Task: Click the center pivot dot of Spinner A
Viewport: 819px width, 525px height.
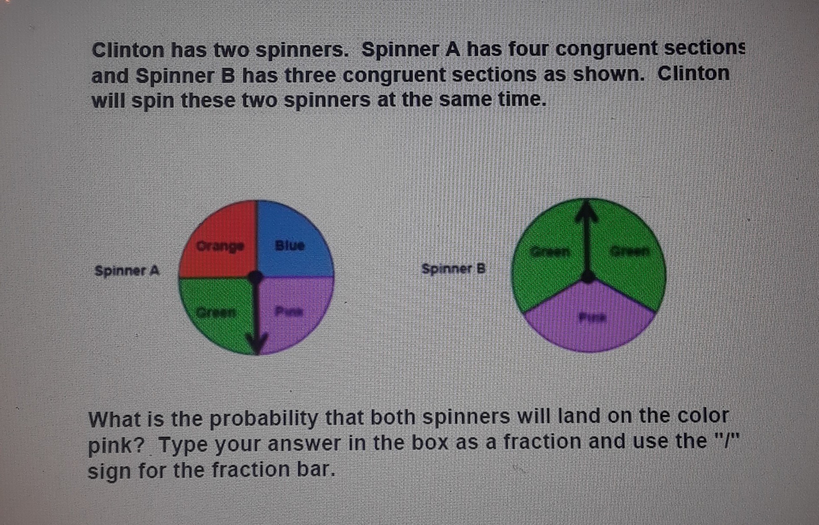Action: point(256,277)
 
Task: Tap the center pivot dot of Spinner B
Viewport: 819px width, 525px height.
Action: point(589,276)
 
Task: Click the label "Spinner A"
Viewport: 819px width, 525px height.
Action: point(127,271)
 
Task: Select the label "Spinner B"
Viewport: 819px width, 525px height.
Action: point(453,269)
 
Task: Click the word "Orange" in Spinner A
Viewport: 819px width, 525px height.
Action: point(220,246)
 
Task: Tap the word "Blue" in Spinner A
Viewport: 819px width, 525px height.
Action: point(290,245)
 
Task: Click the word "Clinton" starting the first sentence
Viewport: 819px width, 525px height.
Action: point(128,50)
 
